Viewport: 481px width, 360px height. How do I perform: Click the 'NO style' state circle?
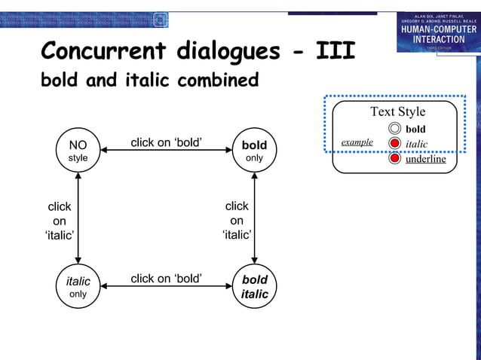[78, 151]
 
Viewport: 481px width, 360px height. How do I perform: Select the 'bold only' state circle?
[254, 151]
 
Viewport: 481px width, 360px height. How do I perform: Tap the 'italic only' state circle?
[78, 287]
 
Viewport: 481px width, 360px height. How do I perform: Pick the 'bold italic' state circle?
[254, 287]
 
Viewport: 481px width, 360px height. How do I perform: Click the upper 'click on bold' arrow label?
[166, 142]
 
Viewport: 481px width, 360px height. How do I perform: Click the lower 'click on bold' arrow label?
[166, 279]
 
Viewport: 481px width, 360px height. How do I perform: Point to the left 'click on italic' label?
[60, 221]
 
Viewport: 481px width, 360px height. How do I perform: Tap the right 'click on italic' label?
[237, 220]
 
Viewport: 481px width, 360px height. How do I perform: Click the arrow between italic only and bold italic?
[166, 287]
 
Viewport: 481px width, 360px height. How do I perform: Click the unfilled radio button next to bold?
[395, 129]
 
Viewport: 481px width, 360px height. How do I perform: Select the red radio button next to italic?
[395, 144]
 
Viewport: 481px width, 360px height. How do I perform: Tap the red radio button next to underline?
[395, 159]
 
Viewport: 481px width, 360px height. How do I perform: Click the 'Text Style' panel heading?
[397, 111]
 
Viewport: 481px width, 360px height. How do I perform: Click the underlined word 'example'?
[357, 142]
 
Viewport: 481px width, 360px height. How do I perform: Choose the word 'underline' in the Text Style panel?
[426, 159]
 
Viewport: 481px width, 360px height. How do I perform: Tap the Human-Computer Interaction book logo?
[438, 32]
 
